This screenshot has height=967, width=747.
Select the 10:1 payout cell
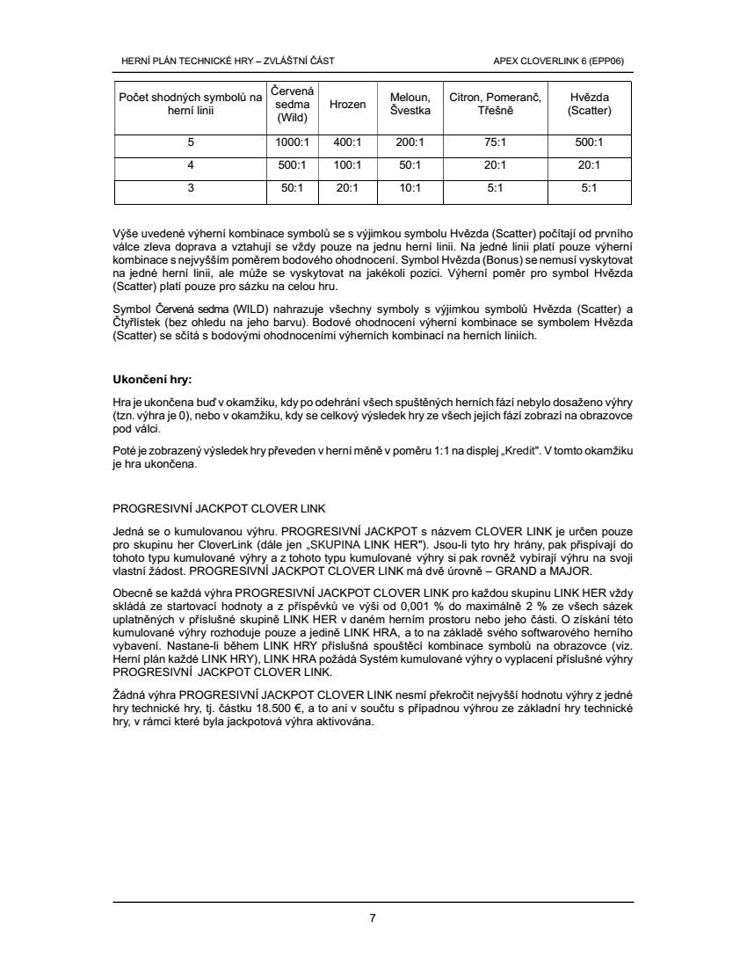[x=410, y=187]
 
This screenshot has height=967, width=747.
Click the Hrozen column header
[x=347, y=104]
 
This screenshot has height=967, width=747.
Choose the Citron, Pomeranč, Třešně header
[x=496, y=104]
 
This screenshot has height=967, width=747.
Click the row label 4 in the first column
[x=190, y=164]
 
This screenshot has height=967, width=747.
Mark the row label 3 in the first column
[x=190, y=187]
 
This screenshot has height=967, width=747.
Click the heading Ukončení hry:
[x=152, y=380]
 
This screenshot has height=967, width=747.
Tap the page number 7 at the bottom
[x=373, y=919]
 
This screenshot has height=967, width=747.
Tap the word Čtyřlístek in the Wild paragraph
[x=141, y=324]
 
